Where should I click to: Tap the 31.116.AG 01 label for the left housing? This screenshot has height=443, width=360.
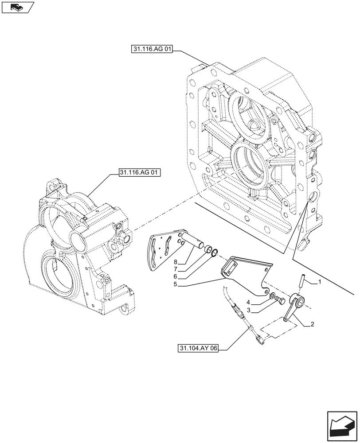139,171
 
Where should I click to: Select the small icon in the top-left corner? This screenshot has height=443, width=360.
17,7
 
